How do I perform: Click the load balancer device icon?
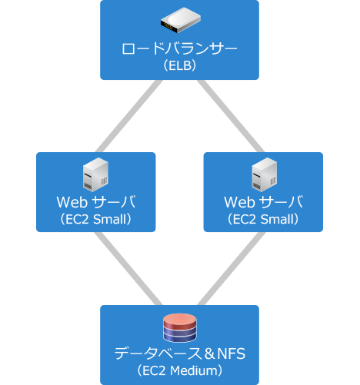coord(181,20)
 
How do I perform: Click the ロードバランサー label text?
coord(179,48)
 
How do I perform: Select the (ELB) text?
coord(180,65)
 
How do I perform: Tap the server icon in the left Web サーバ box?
coord(95,174)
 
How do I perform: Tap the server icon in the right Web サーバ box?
coord(264,174)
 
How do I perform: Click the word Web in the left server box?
coord(72,202)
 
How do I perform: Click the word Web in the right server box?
coord(239,202)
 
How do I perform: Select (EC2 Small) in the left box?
coord(95,219)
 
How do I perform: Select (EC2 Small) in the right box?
coord(263,219)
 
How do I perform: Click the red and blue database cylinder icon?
coord(180,328)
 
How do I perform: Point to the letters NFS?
coord(232,353)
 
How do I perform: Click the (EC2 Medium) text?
coord(180,370)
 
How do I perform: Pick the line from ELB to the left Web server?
coord(128,116)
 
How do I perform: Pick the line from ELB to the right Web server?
coord(231,116)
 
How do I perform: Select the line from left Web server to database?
coord(128,268)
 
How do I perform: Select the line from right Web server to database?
coord(232,268)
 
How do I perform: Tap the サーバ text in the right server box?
coord(281,202)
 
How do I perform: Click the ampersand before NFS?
coord(210,353)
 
